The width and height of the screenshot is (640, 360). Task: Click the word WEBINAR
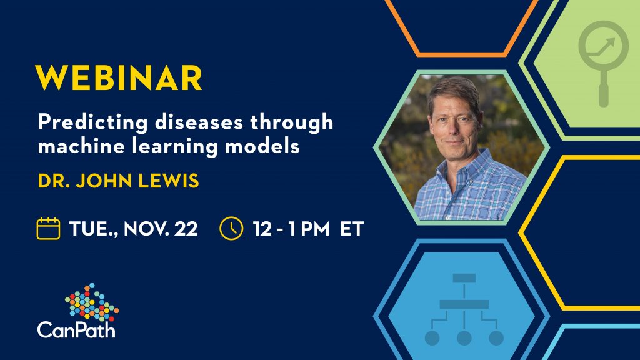pos(119,77)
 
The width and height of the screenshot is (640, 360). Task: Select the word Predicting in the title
pos(92,122)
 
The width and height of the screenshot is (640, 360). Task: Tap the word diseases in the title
pos(199,122)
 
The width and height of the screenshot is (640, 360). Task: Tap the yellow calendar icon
pos(48,228)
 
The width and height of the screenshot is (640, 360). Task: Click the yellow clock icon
pos(231,228)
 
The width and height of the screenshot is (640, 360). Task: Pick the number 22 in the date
pos(186,229)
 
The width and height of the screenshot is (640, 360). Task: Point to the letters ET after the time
pos(352,229)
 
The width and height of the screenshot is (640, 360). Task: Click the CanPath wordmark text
pos(76,329)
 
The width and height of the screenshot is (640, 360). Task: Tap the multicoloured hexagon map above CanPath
pos(92,302)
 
